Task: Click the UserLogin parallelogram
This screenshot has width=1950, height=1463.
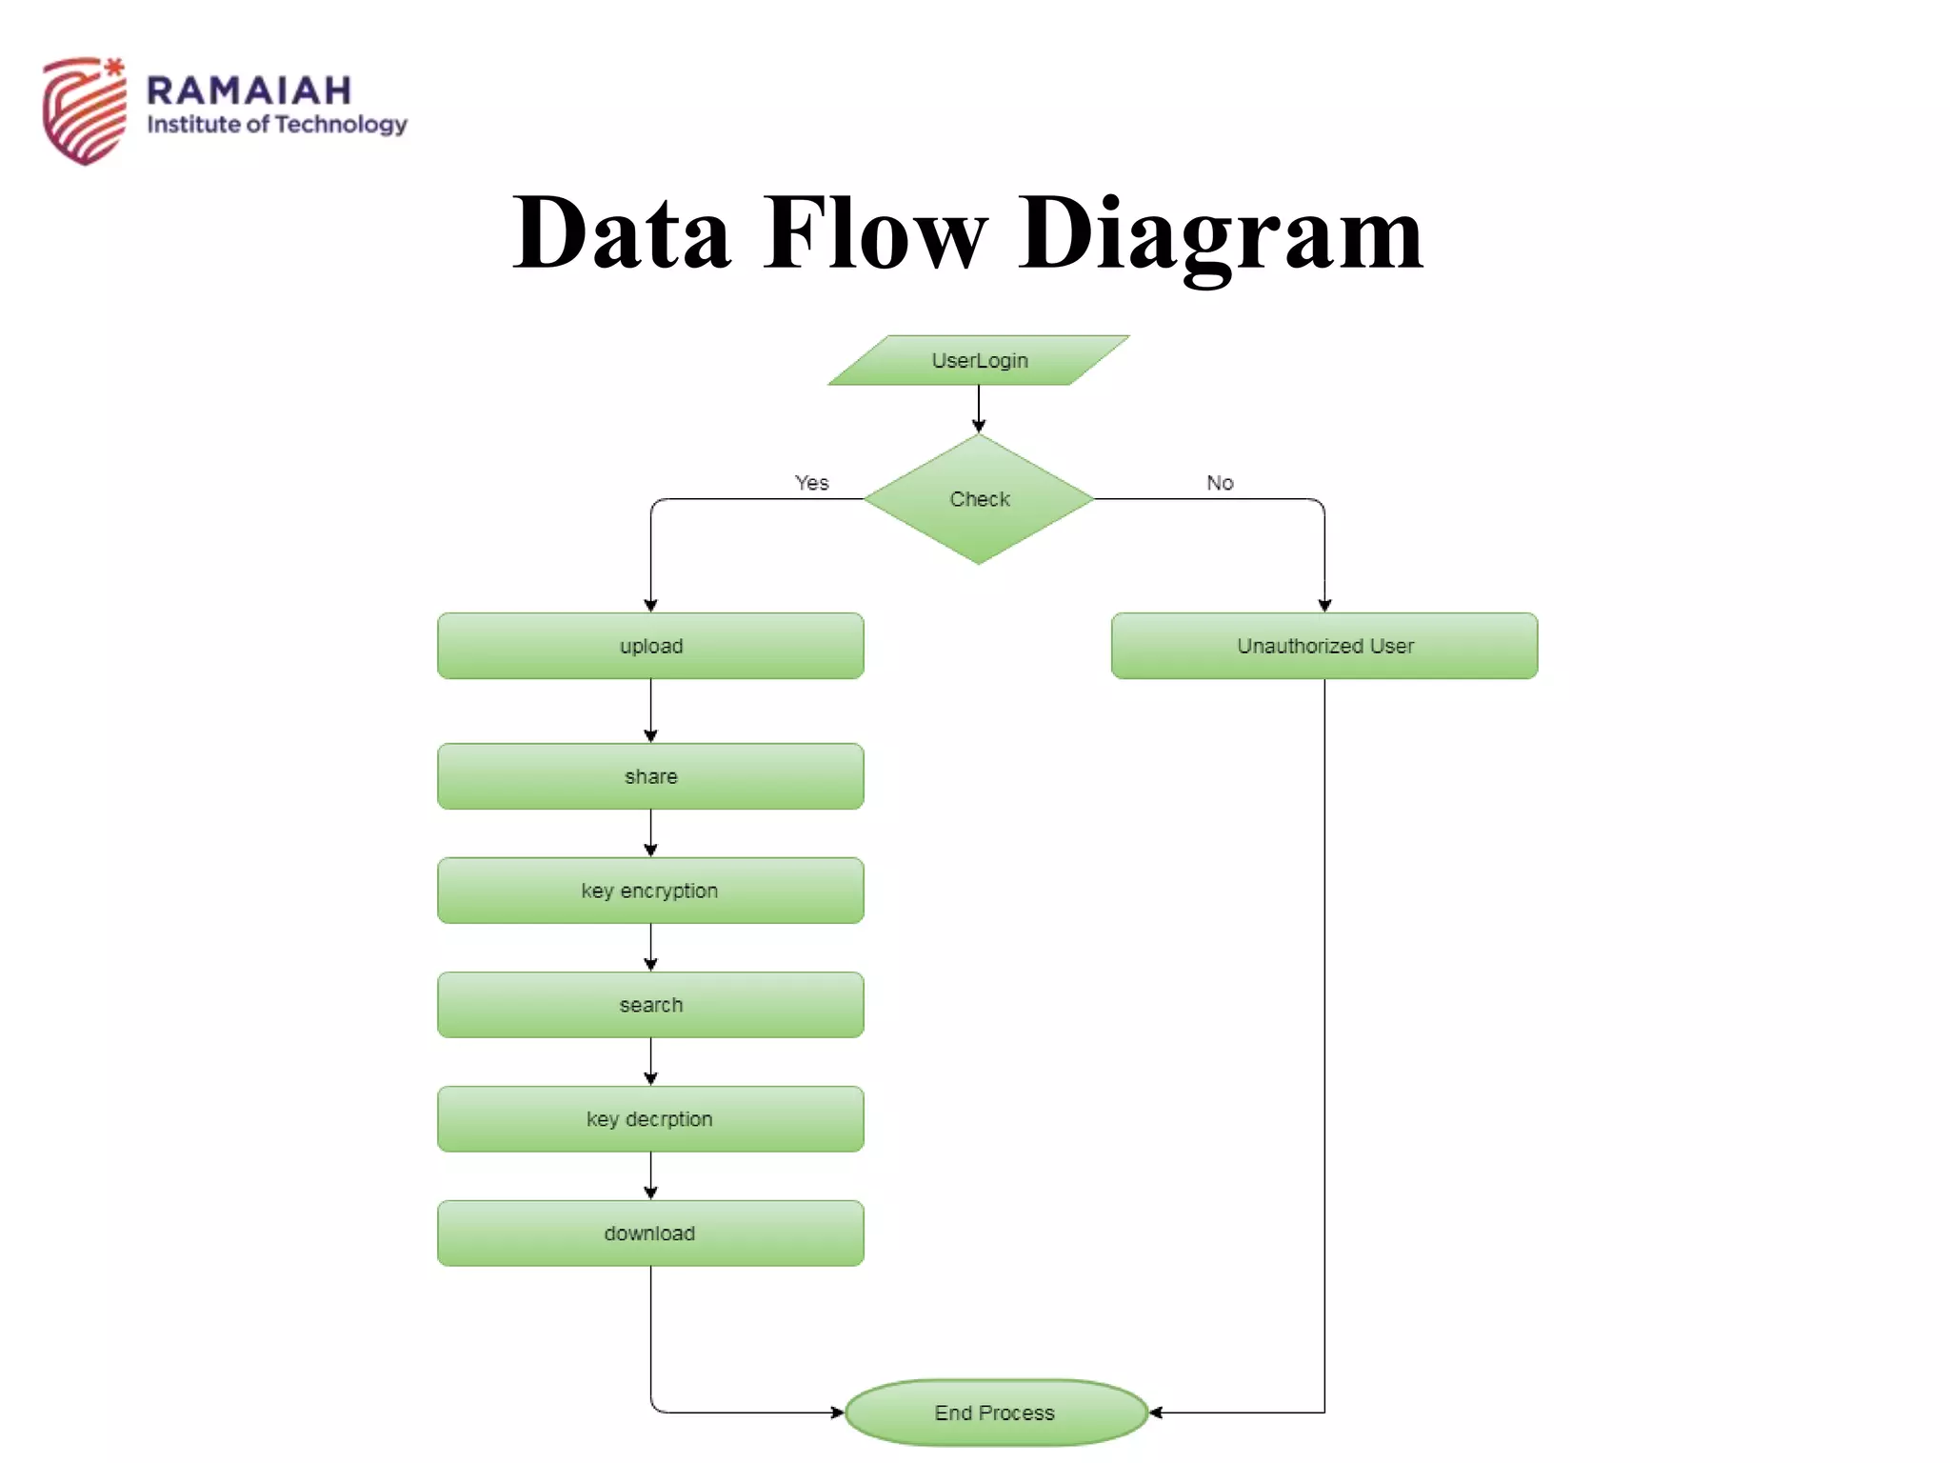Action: click(x=979, y=360)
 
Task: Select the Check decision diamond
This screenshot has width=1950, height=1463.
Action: click(x=979, y=499)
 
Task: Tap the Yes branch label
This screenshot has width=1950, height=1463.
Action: click(x=811, y=483)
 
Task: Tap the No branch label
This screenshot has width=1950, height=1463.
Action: click(x=1220, y=483)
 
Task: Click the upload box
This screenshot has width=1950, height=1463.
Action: click(x=650, y=646)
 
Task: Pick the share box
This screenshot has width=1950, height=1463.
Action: click(x=650, y=776)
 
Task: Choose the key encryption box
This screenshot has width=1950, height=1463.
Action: click(x=650, y=891)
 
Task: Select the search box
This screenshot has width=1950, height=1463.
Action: click(x=650, y=1005)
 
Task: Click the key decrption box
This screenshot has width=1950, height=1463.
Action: click(x=650, y=1119)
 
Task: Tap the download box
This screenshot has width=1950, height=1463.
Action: click(x=650, y=1233)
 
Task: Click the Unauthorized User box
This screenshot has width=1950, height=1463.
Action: click(x=1324, y=646)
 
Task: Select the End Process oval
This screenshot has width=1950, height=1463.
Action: click(x=995, y=1413)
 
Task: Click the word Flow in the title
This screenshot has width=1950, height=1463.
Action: click(x=874, y=233)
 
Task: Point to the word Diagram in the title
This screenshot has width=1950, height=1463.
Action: click(x=1221, y=233)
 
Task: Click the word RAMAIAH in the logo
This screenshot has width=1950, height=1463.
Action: click(x=249, y=91)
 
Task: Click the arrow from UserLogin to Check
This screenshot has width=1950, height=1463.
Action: click(x=979, y=410)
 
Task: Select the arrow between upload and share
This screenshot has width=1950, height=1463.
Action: click(x=650, y=711)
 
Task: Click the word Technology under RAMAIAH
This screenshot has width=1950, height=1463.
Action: click(x=341, y=125)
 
